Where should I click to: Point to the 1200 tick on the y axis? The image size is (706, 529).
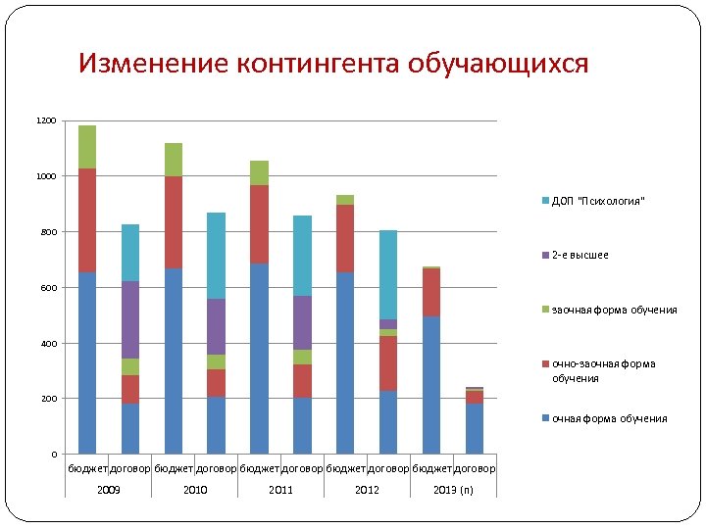click(x=46, y=120)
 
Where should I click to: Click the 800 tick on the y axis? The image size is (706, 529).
click(x=49, y=232)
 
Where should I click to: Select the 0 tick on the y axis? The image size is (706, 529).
click(x=55, y=455)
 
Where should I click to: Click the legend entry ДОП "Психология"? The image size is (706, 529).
click(x=598, y=201)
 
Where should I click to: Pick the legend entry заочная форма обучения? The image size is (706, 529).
click(x=614, y=310)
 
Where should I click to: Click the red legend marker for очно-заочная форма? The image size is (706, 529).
click(x=544, y=364)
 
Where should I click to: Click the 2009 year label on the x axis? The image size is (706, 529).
click(x=109, y=489)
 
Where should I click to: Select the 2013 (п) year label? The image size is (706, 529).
click(x=453, y=489)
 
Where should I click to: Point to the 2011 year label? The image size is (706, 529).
click(x=280, y=489)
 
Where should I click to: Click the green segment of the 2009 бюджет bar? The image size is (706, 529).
click(x=87, y=147)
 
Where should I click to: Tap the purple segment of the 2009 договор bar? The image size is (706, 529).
click(x=130, y=319)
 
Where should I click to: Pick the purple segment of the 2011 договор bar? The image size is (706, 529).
click(x=302, y=322)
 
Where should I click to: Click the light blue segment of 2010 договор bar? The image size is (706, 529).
click(x=217, y=255)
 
